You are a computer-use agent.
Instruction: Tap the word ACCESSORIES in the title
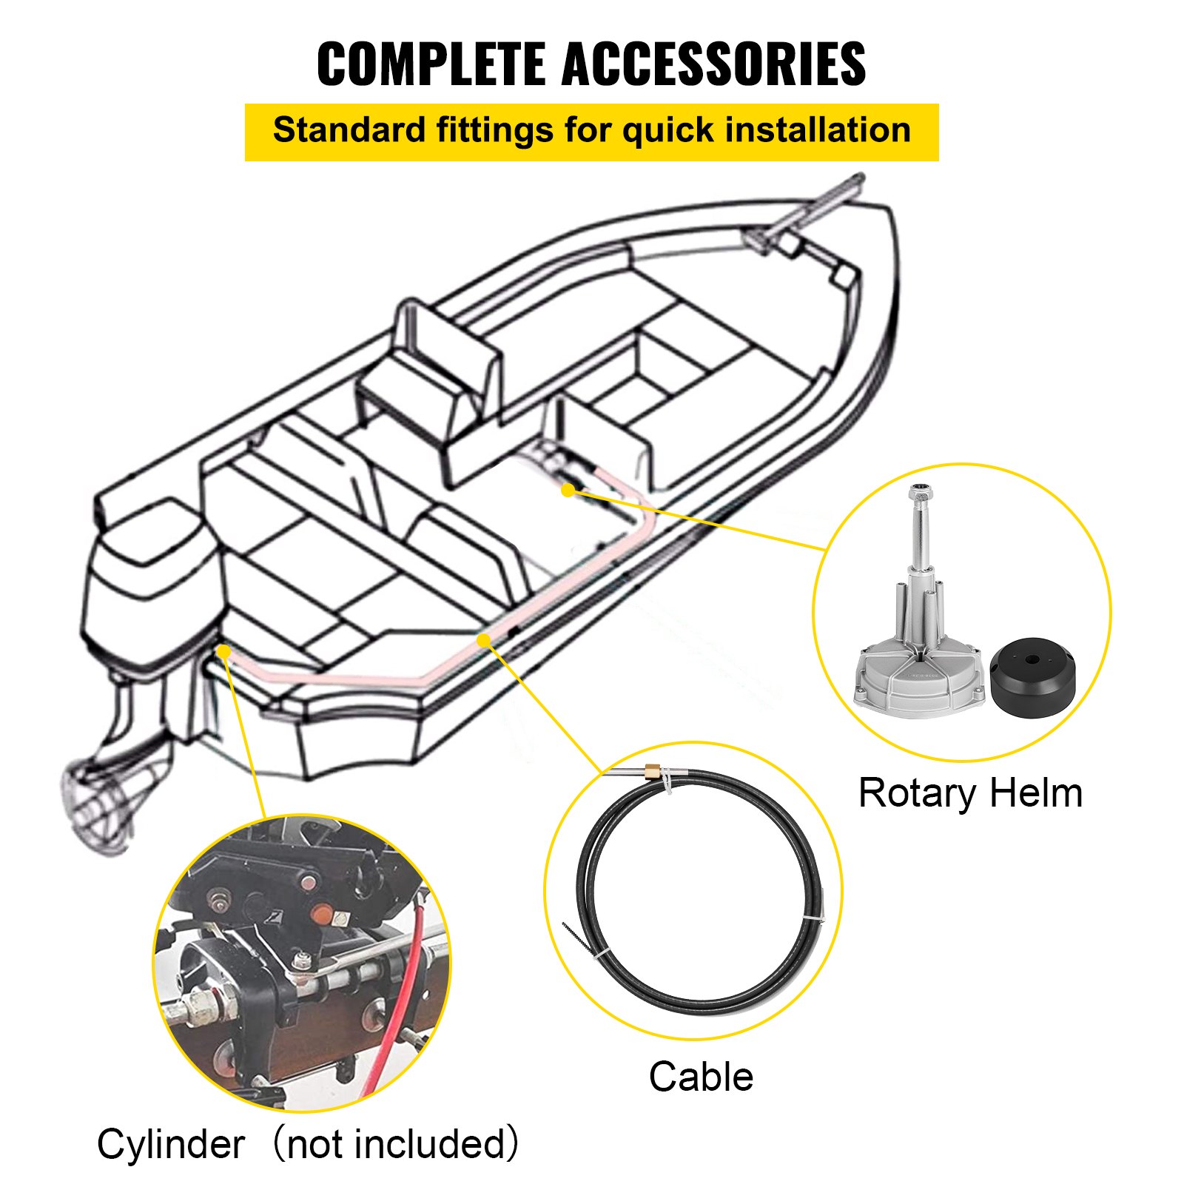pos(713,64)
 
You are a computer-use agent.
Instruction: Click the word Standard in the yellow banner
pos(349,130)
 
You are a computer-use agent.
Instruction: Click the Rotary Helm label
pos(969,793)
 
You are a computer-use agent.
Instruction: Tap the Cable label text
pos(701,1077)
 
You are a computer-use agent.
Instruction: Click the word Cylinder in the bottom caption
pos(171,1145)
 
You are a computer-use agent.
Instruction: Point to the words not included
pos(395,1145)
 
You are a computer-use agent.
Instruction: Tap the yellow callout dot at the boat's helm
pos(568,489)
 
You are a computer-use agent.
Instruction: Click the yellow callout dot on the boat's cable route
pos(483,639)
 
